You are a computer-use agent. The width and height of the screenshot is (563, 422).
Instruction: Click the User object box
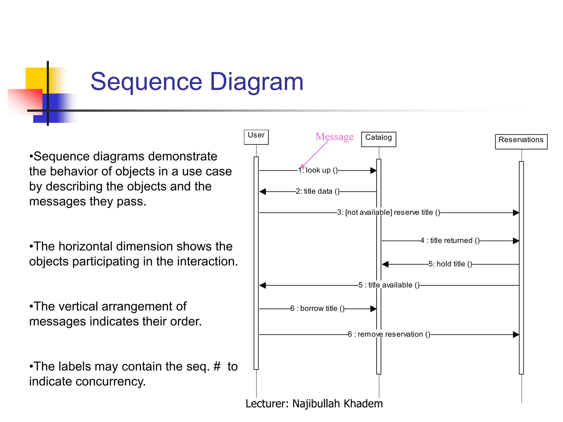pyautogui.click(x=256, y=137)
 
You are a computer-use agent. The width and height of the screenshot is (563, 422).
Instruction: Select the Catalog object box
pyautogui.click(x=378, y=139)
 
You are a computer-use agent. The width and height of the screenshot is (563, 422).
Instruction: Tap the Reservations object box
pyautogui.click(x=521, y=141)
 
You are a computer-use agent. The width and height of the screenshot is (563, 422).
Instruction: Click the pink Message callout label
pyautogui.click(x=334, y=137)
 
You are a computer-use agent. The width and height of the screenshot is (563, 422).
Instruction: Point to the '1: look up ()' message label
pyautogui.click(x=318, y=170)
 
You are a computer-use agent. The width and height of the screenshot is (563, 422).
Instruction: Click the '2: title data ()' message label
pyautogui.click(x=318, y=191)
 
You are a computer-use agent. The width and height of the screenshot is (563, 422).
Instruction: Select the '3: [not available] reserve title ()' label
pyautogui.click(x=388, y=212)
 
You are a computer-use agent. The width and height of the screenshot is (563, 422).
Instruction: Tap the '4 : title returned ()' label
pyautogui.click(x=450, y=241)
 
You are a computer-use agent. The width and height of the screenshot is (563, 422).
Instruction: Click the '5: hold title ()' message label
pyautogui.click(x=450, y=264)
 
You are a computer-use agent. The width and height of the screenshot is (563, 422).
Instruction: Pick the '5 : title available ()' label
pyautogui.click(x=389, y=285)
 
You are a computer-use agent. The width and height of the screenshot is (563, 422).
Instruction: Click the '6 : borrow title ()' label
pyautogui.click(x=317, y=309)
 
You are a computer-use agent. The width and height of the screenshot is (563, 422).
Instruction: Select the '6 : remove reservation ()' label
pyautogui.click(x=389, y=334)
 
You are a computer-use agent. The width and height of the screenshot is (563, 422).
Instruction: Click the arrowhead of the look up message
pyautogui.click(x=373, y=171)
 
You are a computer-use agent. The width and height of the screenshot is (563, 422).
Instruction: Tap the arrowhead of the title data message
pyautogui.click(x=263, y=191)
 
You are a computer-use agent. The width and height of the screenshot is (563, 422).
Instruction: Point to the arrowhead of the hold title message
pyautogui.click(x=385, y=264)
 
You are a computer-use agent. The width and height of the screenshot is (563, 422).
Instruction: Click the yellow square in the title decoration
pyautogui.click(x=36, y=78)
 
